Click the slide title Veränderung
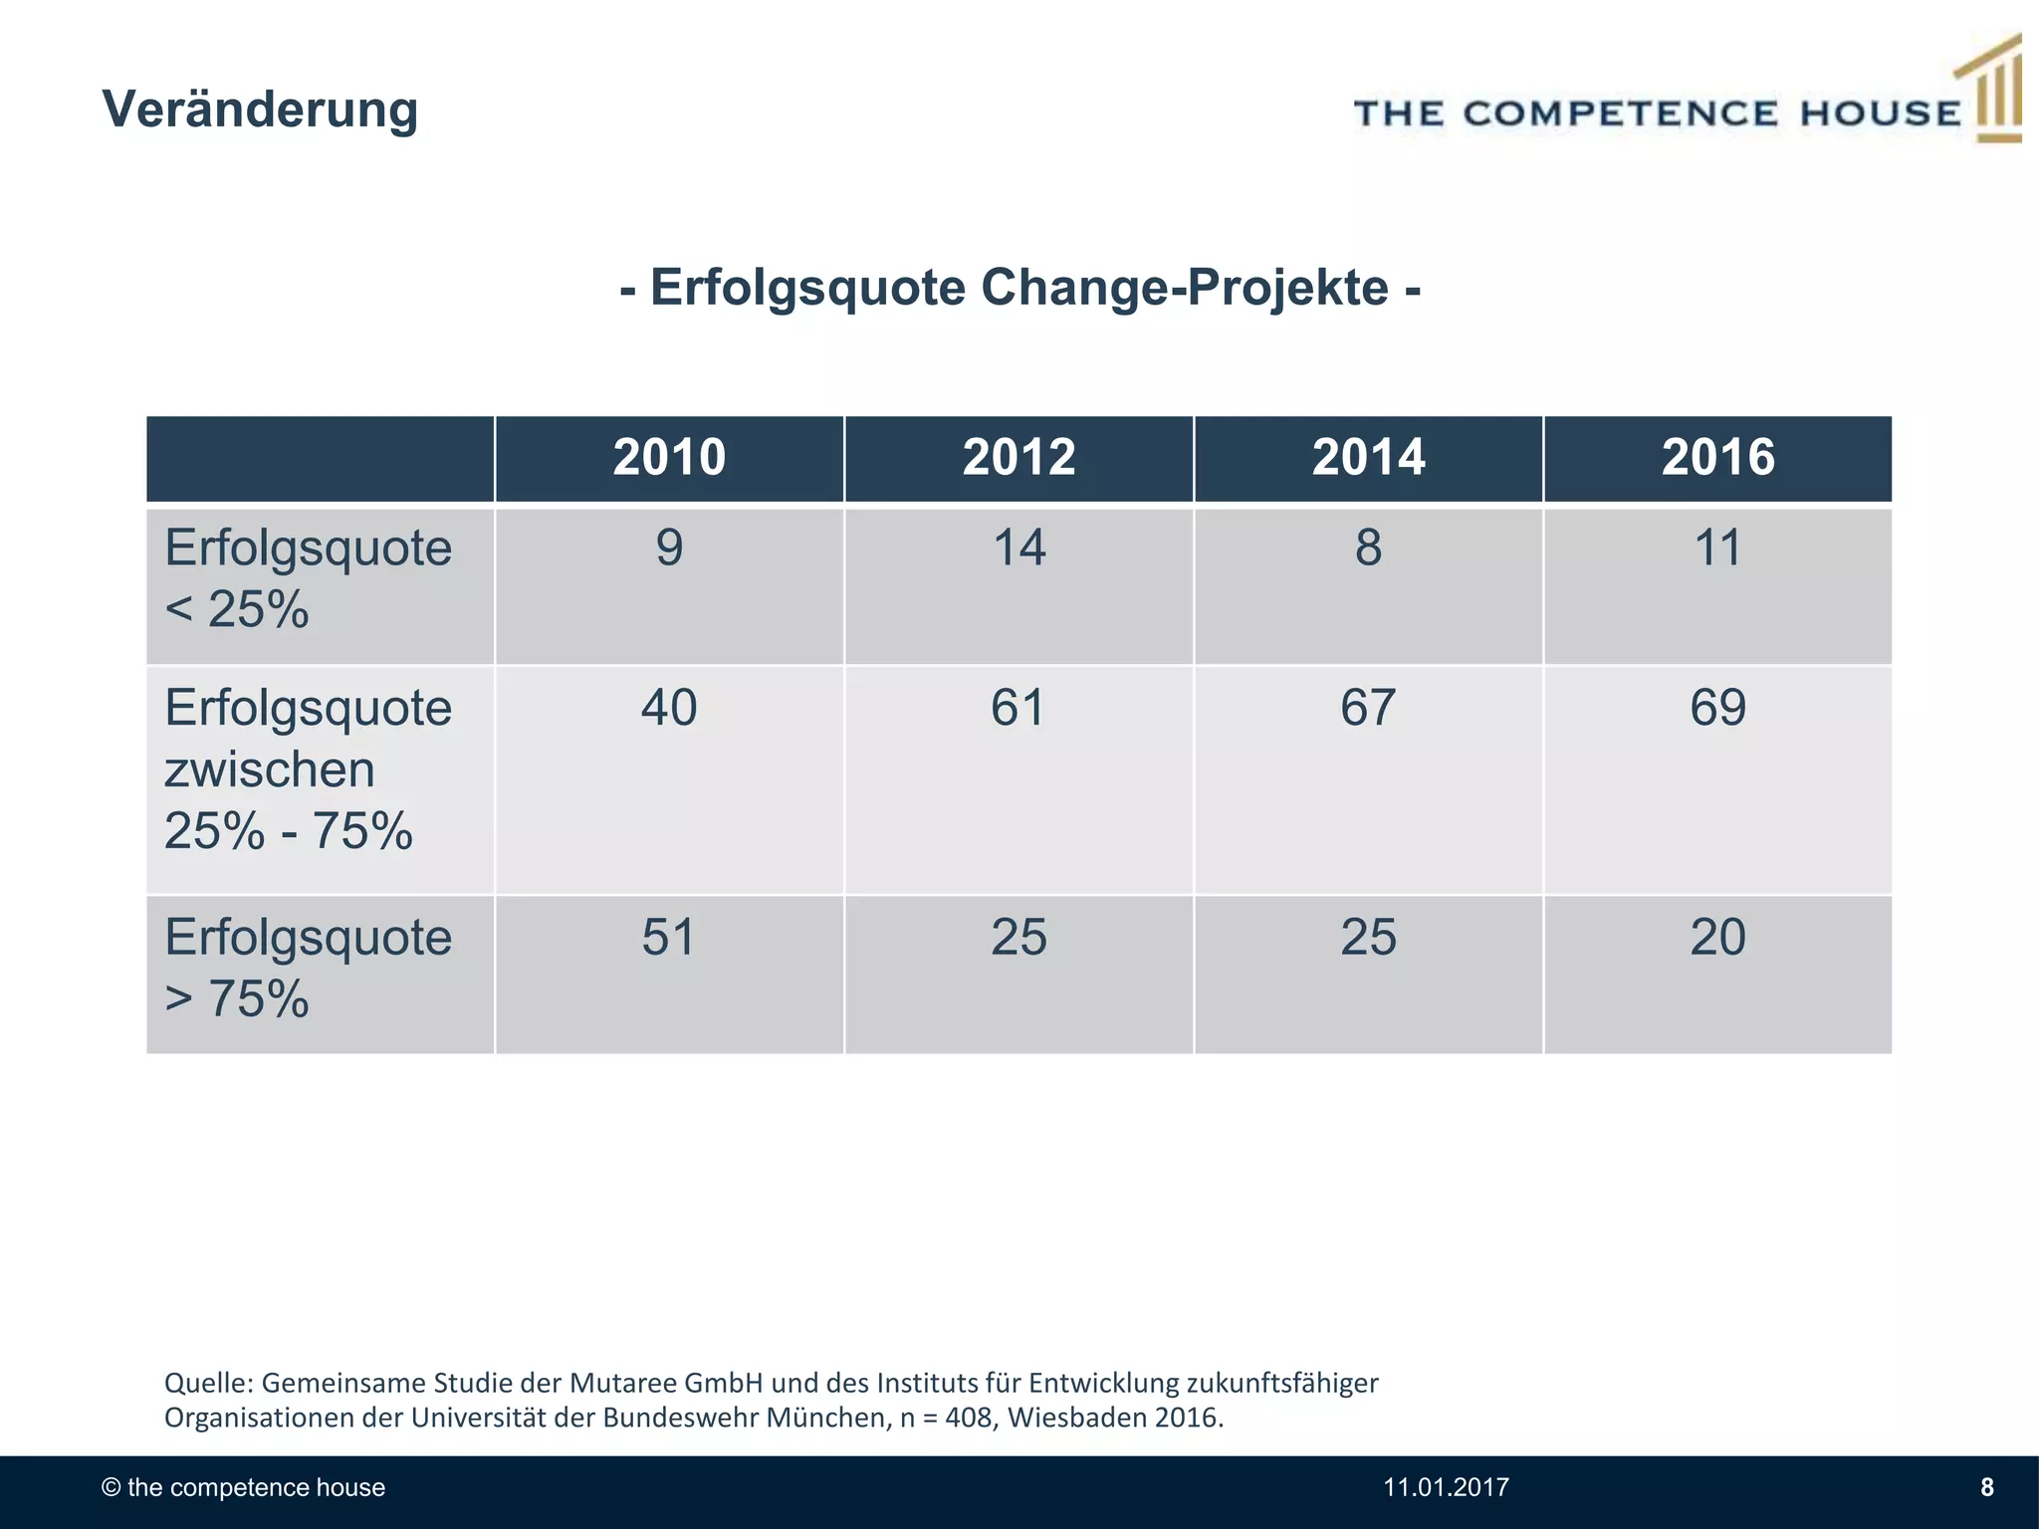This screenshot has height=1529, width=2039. (260, 109)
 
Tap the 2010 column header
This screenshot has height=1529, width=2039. (669, 458)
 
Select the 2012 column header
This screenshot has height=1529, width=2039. (1019, 458)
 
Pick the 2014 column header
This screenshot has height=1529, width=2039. (1368, 458)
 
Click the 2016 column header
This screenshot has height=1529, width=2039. (1717, 458)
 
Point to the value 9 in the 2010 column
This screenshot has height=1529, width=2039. (669, 547)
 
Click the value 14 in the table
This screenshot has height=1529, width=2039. (1019, 547)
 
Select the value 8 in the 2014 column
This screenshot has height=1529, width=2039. (1368, 547)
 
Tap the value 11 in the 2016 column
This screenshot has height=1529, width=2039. (1717, 547)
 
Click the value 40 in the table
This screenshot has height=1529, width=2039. (669, 708)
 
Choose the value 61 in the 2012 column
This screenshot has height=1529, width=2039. (1019, 708)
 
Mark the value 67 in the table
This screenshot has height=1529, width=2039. (1368, 708)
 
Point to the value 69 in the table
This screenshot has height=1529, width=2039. (1717, 708)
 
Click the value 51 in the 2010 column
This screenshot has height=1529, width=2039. (669, 937)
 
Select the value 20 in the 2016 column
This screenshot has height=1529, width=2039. (1717, 937)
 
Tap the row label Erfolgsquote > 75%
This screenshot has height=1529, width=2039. (307, 968)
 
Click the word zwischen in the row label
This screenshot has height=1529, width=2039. (269, 769)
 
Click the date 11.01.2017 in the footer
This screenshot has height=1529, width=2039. (1446, 1487)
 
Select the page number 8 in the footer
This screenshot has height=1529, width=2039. (1986, 1487)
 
